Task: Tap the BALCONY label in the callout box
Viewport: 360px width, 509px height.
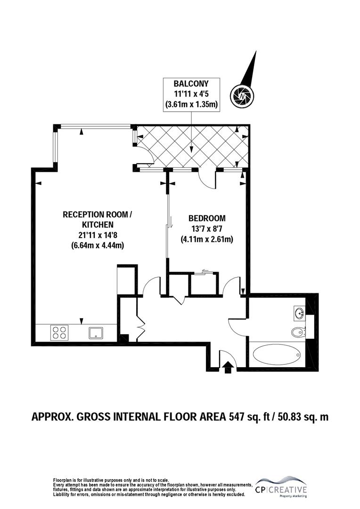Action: pos(191,84)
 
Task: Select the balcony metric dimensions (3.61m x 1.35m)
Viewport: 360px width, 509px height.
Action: pos(191,104)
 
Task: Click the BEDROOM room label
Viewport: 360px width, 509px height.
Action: pos(207,218)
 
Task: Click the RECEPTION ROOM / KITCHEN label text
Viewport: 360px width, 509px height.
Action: pos(98,219)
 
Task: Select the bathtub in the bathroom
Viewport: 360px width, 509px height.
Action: pos(276,354)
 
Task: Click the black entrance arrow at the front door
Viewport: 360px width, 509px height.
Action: pos(229,366)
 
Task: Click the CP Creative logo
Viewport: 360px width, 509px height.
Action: pos(281,486)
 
